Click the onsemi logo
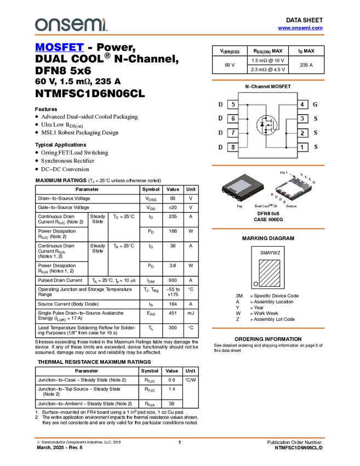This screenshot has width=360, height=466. (x=71, y=25)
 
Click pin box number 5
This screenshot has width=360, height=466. (x=233, y=104)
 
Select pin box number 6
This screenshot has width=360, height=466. (x=233, y=118)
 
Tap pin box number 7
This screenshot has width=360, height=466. (x=233, y=133)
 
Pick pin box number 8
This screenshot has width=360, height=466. (x=233, y=147)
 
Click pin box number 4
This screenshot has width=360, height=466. (x=302, y=104)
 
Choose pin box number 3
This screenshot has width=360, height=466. (x=302, y=118)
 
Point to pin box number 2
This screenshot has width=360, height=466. (x=302, y=133)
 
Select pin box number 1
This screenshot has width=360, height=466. (x=302, y=147)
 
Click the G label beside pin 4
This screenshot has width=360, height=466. (x=315, y=104)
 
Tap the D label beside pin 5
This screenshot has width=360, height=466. (x=220, y=104)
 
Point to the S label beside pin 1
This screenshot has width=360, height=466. (x=315, y=147)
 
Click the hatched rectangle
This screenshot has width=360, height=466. (x=270, y=273)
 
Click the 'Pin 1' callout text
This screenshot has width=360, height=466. (x=284, y=173)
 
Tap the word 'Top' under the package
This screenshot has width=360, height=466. (x=239, y=206)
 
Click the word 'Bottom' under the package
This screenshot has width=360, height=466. (x=292, y=206)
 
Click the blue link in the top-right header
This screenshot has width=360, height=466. (x=300, y=28)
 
